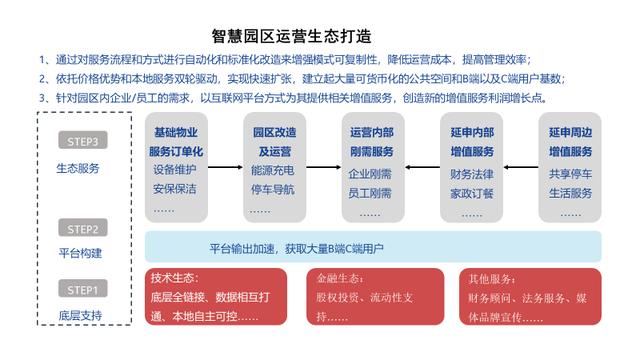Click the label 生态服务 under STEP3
tap(79, 168)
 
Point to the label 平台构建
tap(79, 253)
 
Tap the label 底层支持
tap(79, 316)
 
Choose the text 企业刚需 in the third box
tap(371, 173)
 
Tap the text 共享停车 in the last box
tap(571, 173)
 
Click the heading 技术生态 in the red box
tap(176, 277)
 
